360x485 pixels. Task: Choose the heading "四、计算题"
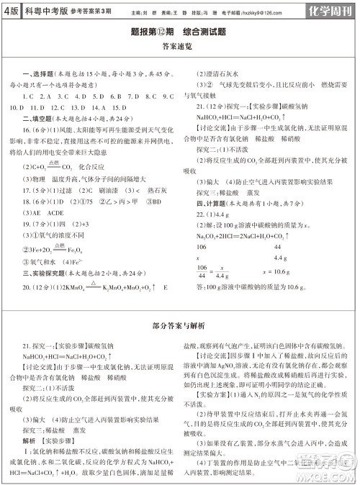(x=212, y=204)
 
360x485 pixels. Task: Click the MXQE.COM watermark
(x=331, y=471)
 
